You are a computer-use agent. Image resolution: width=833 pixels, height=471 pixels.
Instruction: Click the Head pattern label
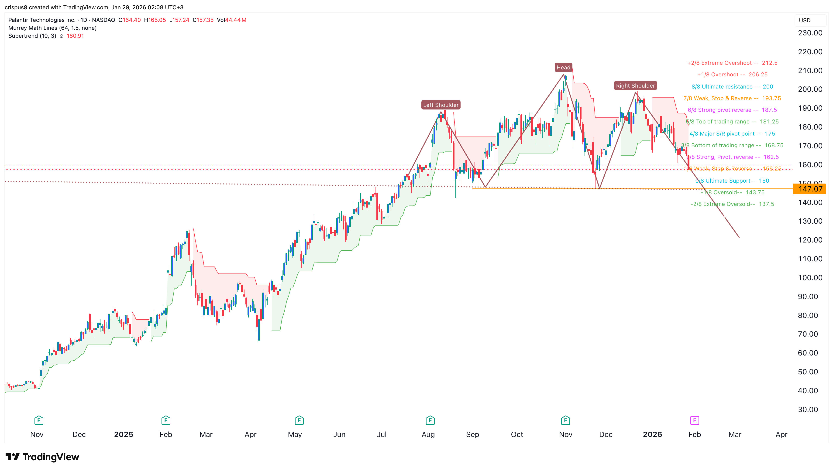coord(563,67)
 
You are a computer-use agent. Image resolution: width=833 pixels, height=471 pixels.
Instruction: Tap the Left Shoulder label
coord(441,105)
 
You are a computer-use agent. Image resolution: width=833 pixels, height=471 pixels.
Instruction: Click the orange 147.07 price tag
coord(810,189)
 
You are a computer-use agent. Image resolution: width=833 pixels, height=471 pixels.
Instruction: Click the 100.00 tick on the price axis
coord(810,278)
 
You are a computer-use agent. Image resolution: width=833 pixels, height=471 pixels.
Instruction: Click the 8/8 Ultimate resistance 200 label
coord(732,86)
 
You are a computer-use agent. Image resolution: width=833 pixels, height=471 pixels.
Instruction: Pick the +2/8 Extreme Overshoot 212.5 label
coord(732,63)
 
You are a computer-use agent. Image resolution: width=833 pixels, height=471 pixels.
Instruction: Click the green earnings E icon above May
coord(299,420)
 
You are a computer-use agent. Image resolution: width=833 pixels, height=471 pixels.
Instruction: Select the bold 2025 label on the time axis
coord(123,434)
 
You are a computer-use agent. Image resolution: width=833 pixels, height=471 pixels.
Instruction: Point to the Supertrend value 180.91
coord(75,36)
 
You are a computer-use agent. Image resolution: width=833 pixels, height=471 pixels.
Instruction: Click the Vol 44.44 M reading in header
coord(231,20)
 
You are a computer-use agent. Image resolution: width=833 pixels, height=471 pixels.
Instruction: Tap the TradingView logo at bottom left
coord(42,457)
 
